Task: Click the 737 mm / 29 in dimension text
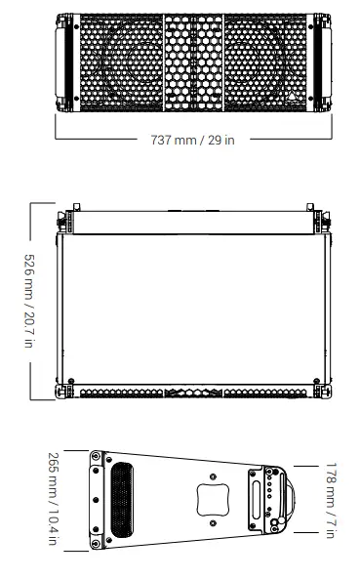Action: pos(192,140)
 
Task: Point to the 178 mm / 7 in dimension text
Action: pos(332,498)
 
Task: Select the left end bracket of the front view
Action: pos(66,60)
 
